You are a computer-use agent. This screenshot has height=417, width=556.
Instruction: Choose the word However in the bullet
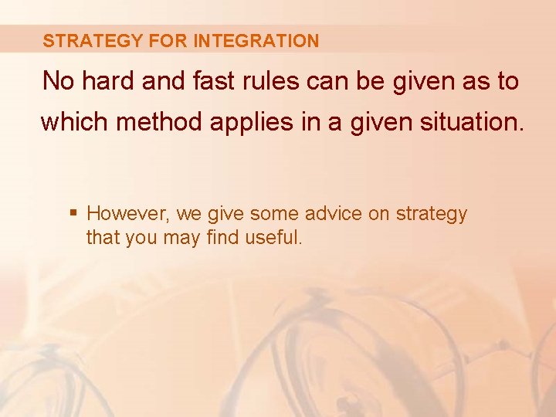pyautogui.click(x=127, y=214)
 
